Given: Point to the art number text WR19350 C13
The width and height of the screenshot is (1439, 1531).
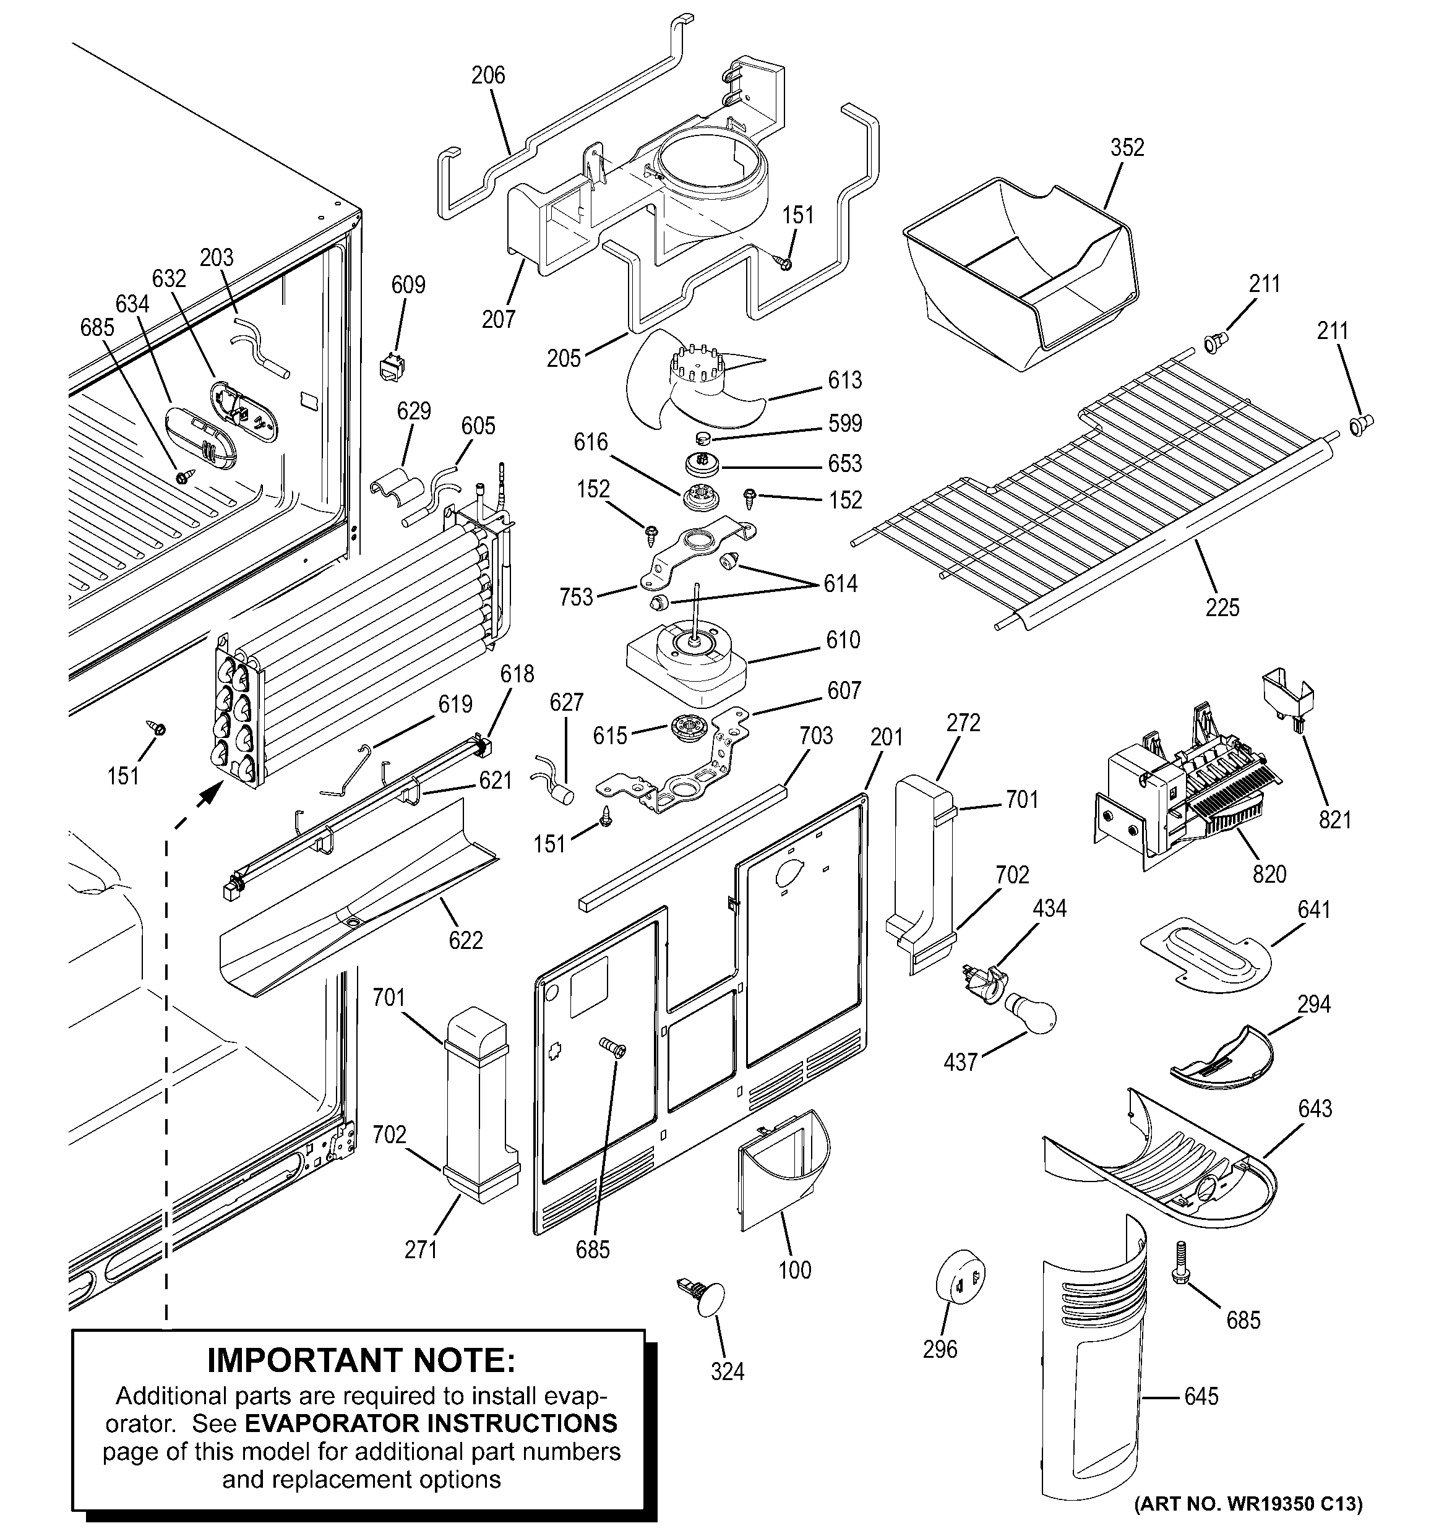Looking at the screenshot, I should (1248, 1503).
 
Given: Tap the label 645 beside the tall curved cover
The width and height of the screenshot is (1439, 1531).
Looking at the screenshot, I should (1201, 1396).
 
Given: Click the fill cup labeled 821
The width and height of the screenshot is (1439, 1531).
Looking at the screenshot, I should (1287, 693).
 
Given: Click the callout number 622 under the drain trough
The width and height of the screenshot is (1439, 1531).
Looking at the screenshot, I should (466, 940).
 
